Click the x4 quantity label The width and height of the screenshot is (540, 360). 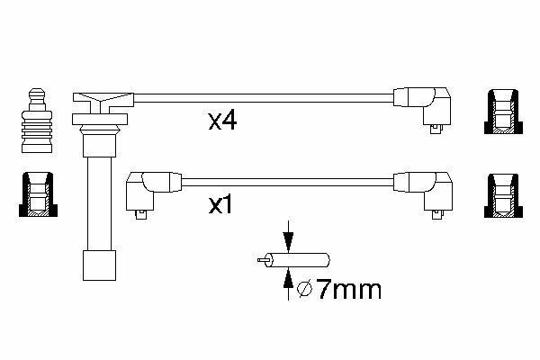pyautogui.click(x=222, y=121)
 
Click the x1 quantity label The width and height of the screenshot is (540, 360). pyautogui.click(x=220, y=205)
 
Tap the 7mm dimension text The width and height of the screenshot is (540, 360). pyautogui.click(x=348, y=290)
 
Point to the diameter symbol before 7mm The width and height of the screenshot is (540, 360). pyautogui.click(x=304, y=290)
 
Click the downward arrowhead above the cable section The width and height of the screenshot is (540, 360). pyautogui.click(x=288, y=242)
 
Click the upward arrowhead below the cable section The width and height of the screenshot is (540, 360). pyautogui.click(x=288, y=278)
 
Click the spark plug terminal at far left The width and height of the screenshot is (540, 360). pyautogui.click(x=37, y=121)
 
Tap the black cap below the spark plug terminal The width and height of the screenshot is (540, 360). pyautogui.click(x=38, y=195)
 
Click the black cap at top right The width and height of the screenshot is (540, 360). pyautogui.click(x=503, y=112)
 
